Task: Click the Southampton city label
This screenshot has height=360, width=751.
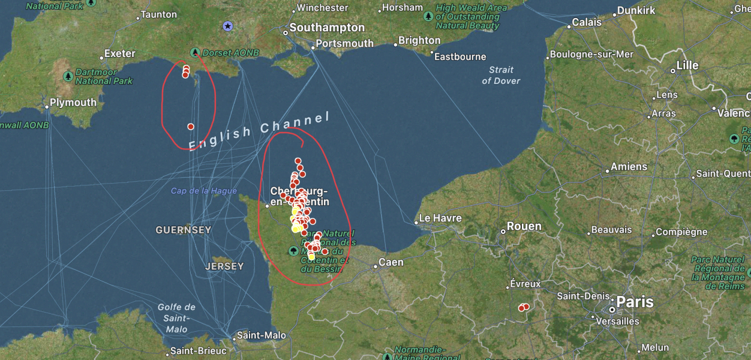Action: pos(326,28)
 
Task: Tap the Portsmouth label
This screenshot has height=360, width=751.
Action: pos(344,44)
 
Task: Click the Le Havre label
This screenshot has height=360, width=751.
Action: pos(440,218)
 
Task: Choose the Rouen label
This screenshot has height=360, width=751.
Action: pos(524,227)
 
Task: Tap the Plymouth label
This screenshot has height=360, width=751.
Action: pos(73,103)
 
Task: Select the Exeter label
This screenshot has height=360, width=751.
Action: pos(119,53)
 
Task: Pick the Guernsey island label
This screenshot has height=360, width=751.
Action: pos(183,230)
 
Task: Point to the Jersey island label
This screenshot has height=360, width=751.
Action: pos(224,266)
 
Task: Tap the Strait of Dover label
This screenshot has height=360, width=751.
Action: pos(501,75)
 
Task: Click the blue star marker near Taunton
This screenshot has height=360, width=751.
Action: pos(227,26)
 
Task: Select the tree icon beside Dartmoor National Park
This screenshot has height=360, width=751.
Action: pos(68,76)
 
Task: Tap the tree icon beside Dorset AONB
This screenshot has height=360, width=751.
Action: pos(194,53)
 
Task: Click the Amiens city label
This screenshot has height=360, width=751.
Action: pos(629,167)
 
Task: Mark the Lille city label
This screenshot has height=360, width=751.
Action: pos(687,65)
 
